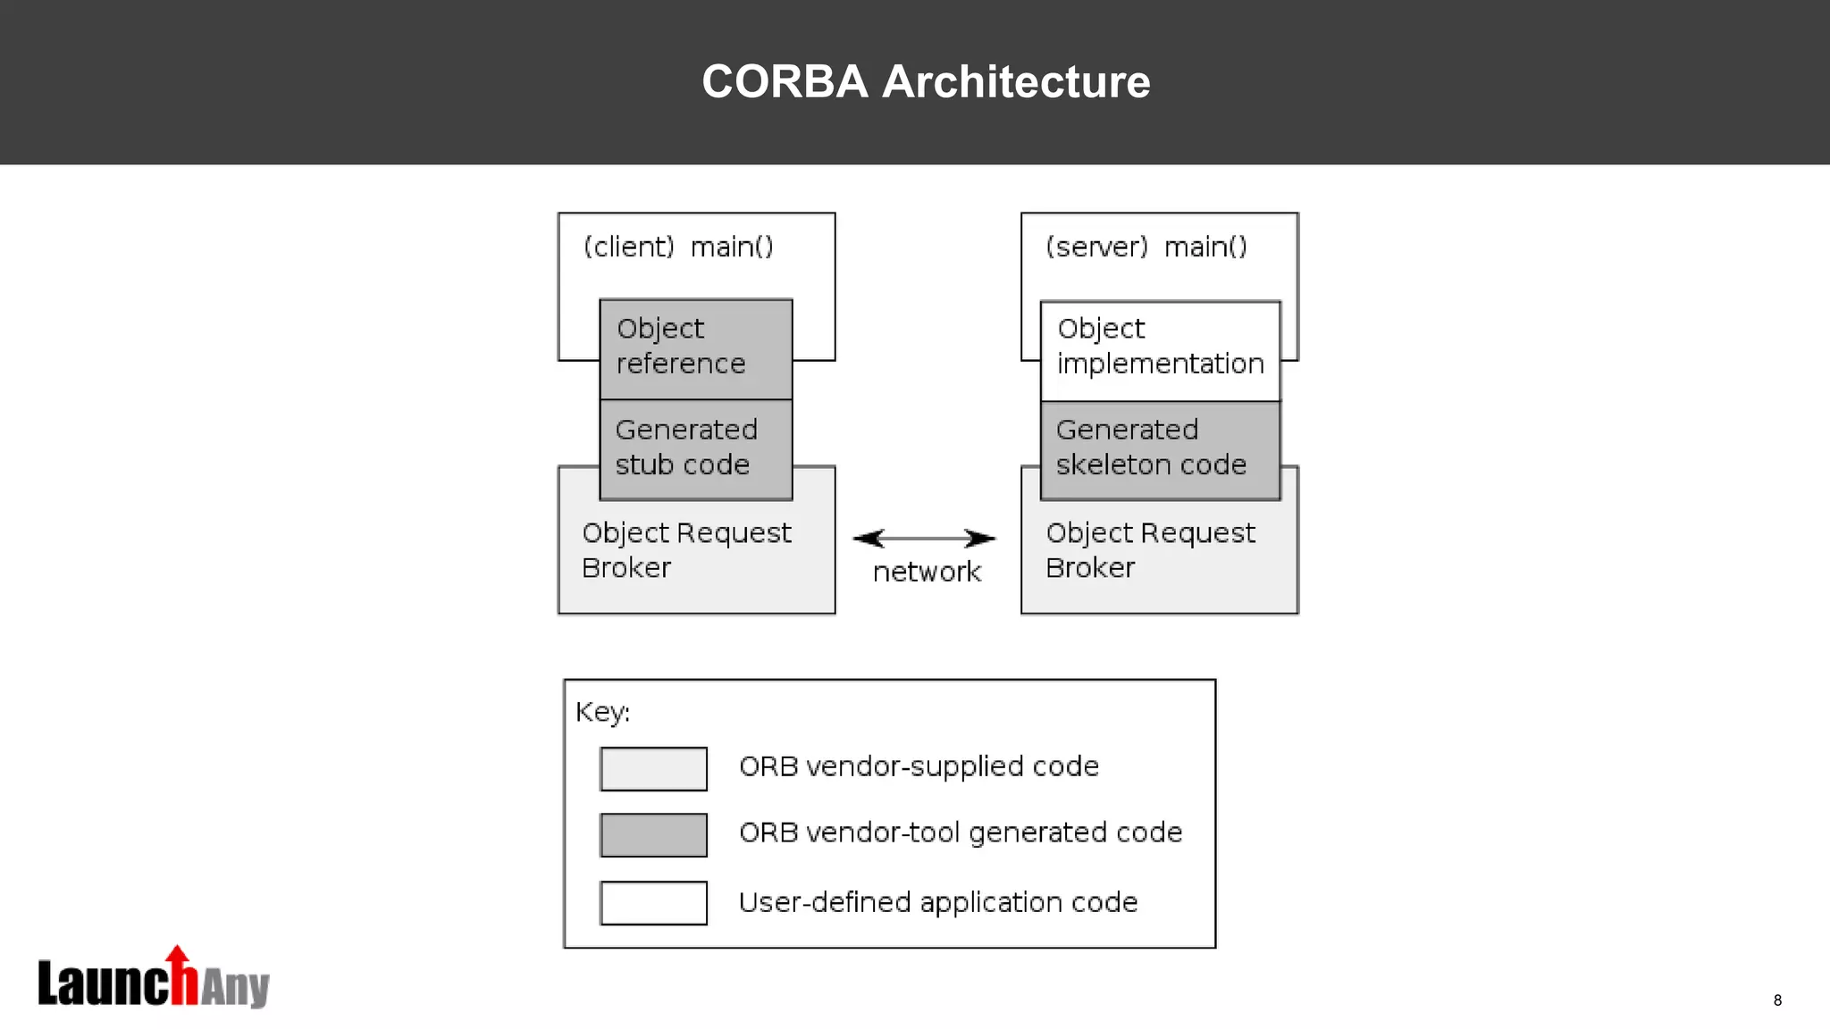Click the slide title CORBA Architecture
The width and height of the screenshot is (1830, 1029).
[926, 81]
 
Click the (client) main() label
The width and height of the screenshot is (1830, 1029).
[678, 247]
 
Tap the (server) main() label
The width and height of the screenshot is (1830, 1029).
[1146, 247]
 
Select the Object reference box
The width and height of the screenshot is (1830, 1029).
[695, 348]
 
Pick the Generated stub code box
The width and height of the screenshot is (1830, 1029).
[695, 448]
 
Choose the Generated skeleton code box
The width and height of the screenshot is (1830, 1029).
[1160, 448]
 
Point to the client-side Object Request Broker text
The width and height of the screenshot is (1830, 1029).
[685, 550]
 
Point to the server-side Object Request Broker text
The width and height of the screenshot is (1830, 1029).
[1150, 550]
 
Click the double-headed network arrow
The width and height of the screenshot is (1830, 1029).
[924, 538]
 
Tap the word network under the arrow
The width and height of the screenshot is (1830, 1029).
[927, 572]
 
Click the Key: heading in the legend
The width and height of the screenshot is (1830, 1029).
[602, 712]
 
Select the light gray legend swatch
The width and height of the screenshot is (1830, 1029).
[653, 768]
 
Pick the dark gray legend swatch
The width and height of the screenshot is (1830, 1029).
[653, 834]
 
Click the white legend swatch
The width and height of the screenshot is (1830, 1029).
[653, 902]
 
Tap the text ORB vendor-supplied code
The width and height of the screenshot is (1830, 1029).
[919, 766]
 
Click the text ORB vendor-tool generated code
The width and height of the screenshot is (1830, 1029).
[961, 832]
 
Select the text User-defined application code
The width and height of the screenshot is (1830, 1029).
[937, 902]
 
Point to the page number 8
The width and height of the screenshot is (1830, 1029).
[1777, 1000]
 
